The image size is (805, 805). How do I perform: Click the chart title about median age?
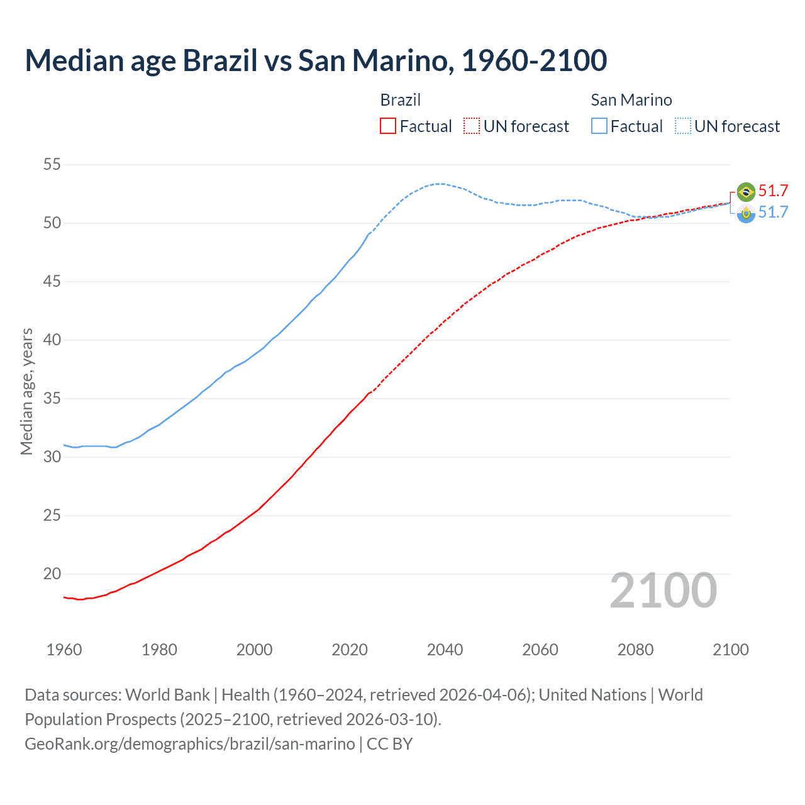pos(316,60)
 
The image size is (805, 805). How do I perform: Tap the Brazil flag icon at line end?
pos(746,191)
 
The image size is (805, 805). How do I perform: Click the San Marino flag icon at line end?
pos(746,214)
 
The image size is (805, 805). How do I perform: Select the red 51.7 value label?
pos(773,191)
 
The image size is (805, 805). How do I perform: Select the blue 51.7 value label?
pos(773,213)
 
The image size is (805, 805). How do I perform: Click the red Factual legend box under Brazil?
pos(388,126)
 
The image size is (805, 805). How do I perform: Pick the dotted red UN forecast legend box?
pos(472,126)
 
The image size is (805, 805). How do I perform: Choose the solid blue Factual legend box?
pos(599,126)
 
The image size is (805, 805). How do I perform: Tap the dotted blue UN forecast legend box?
pos(683,126)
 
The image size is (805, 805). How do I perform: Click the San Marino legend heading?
pos(631,100)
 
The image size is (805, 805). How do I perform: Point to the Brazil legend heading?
pos(400,100)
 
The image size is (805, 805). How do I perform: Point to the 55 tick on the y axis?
pos(52,165)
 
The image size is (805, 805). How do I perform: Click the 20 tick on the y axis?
pos(52,574)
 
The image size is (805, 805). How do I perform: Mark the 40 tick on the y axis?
pos(52,340)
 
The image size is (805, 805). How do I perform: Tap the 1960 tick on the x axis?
pos(64,650)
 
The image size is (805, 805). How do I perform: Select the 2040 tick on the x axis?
pos(445,650)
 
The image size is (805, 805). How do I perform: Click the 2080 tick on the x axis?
pos(635,650)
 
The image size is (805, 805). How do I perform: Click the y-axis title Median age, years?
pos(26,391)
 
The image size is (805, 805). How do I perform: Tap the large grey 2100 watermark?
pos(663,591)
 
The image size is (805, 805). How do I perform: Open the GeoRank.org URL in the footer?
pos(190,744)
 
